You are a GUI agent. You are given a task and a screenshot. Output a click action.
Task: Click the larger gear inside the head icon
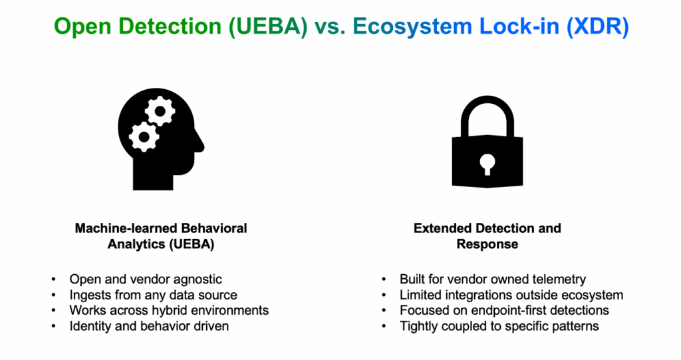click(160, 110)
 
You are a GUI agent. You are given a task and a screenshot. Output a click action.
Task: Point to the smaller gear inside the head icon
click(142, 137)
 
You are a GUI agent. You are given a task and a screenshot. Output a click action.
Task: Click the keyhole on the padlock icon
click(487, 164)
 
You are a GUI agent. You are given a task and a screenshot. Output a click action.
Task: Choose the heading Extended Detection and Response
click(487, 236)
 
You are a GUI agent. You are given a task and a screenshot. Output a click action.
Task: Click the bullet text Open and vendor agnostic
click(146, 279)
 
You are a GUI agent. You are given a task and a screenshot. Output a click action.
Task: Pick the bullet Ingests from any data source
click(153, 295)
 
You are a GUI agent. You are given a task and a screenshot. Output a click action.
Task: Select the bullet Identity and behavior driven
click(150, 326)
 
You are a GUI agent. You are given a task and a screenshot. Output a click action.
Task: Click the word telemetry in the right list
click(557, 279)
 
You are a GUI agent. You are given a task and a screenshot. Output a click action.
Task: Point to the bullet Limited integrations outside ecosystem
click(511, 295)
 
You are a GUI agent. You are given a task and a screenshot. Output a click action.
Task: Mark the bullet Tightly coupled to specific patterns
click(499, 326)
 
